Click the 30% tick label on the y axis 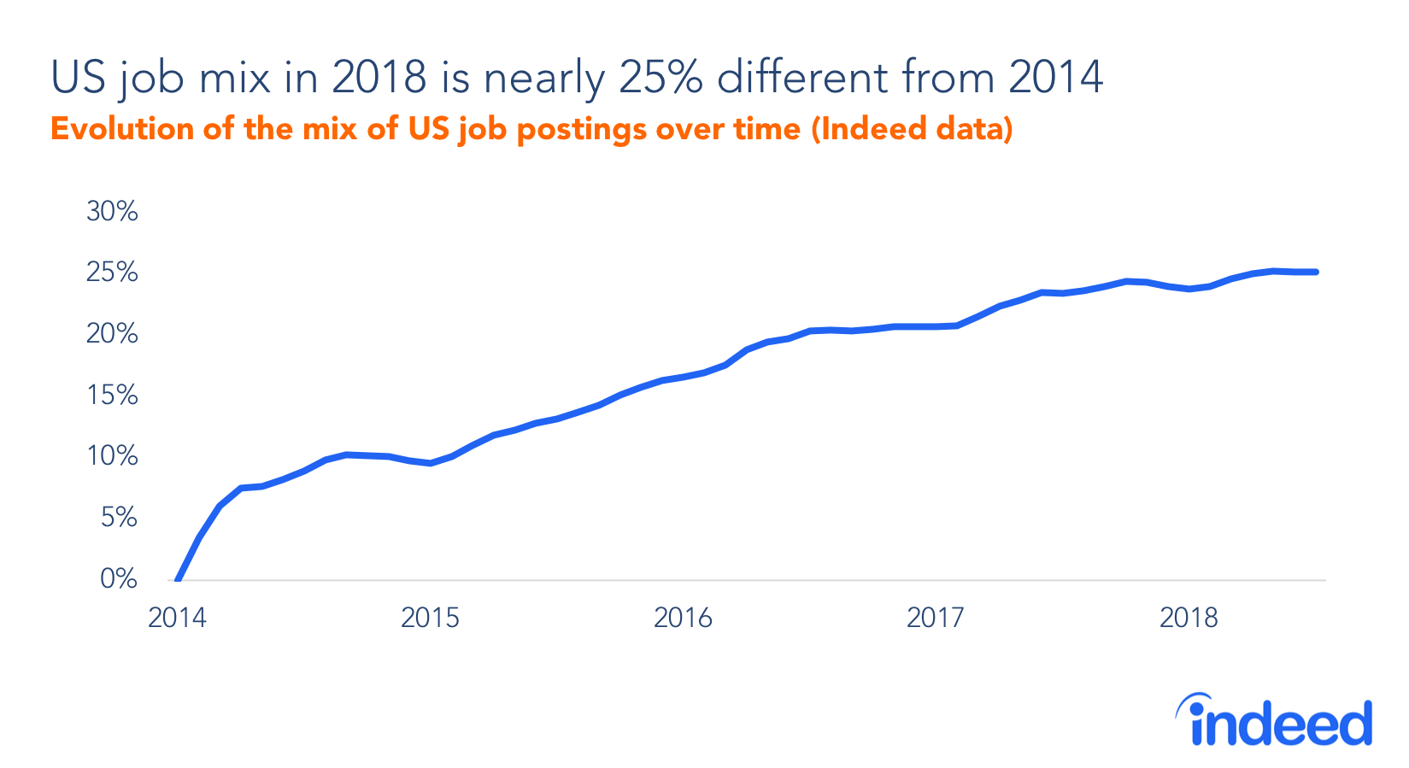pos(112,211)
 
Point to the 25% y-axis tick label pos(112,273)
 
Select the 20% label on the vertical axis pos(112,334)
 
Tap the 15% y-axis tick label pos(112,396)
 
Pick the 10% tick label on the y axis pos(112,456)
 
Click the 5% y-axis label pos(119,518)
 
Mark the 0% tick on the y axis pos(119,579)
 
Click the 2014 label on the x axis pos(177,618)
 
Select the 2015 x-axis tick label pos(430,618)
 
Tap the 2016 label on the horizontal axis pos(683,618)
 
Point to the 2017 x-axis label pos(935,618)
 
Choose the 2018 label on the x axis pos(1188,618)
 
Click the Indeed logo pos(1275,721)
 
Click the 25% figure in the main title pos(660,77)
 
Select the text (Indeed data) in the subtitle pos(912,129)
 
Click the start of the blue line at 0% pos(178,579)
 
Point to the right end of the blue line pos(1316,273)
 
